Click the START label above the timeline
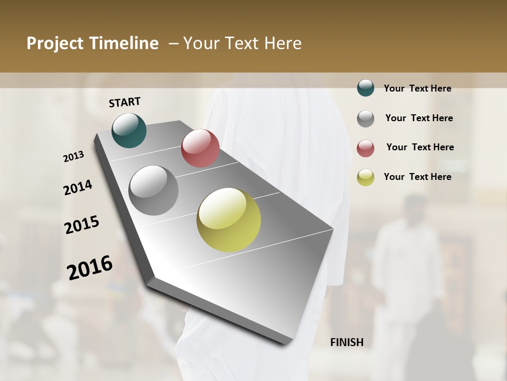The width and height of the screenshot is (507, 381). [125, 102]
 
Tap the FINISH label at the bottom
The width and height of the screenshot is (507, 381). [347, 342]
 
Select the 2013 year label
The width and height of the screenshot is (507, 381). [73, 157]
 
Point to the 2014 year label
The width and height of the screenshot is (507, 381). [78, 188]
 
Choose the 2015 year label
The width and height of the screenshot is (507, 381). [82, 225]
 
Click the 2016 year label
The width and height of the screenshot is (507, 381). [90, 267]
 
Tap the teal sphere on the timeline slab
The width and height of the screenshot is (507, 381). [129, 130]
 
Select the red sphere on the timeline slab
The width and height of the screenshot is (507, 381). [200, 148]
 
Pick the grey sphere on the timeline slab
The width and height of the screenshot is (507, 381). [153, 190]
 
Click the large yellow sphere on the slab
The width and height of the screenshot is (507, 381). [229, 220]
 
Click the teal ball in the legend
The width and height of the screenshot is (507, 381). [365, 88]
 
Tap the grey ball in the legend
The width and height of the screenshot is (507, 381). [365, 118]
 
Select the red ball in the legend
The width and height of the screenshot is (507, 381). [365, 148]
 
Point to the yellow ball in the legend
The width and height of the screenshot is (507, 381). [365, 177]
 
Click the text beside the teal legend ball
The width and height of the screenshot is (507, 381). [417, 88]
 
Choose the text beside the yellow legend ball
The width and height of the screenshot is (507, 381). [417, 177]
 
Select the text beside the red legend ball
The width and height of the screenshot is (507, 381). [420, 147]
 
